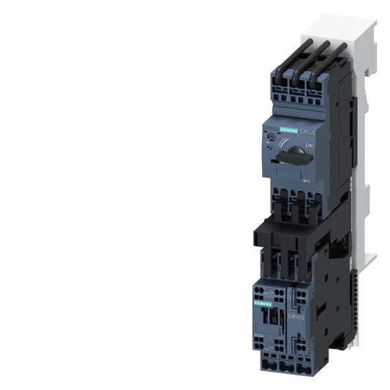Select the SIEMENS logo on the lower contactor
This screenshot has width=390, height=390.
tap(262, 302)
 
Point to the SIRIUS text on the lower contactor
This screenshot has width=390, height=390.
tap(295, 315)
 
